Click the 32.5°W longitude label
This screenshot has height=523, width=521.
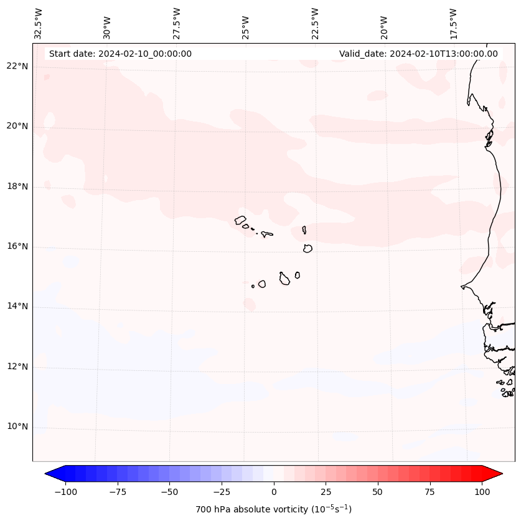(39, 24)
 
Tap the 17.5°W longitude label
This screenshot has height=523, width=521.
(453, 24)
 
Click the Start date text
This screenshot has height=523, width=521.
(120, 54)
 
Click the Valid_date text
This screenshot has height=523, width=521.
(418, 54)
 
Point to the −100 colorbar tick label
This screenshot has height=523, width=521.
(65, 492)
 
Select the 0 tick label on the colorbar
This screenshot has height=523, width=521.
(274, 492)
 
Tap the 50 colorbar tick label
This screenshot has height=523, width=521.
(378, 492)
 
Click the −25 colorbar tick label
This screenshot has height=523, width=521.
(221, 492)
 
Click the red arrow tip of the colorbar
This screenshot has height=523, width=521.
(498, 474)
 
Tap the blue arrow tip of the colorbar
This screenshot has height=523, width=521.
(49, 474)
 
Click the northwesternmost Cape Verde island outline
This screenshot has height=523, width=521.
(240, 220)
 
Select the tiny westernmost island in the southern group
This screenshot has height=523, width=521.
(253, 286)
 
